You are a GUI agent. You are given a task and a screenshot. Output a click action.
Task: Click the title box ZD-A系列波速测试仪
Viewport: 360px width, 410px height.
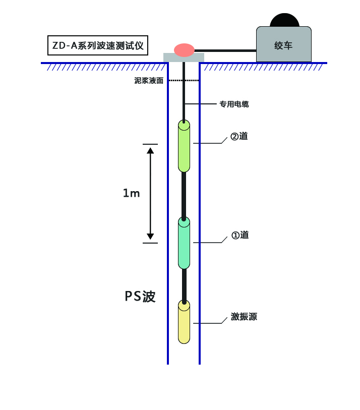(98, 45)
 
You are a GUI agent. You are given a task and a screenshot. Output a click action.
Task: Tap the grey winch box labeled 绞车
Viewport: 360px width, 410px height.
(283, 45)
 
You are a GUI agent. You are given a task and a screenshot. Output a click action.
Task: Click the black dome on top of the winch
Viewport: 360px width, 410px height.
(284, 20)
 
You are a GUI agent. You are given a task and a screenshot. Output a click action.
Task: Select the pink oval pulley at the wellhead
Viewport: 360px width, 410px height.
(184, 49)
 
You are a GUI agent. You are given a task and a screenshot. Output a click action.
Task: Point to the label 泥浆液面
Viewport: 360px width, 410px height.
(149, 80)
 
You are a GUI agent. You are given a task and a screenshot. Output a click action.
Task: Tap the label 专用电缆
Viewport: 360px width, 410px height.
(233, 104)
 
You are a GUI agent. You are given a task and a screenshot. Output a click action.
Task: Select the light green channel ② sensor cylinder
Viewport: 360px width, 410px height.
(184, 147)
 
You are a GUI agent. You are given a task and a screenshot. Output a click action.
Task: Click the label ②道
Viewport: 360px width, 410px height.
(239, 136)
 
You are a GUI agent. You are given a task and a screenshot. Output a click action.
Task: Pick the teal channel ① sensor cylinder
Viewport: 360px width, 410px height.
(184, 244)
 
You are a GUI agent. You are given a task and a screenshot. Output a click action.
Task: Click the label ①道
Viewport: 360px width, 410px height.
(240, 235)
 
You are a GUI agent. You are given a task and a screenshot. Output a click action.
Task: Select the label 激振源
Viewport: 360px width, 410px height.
(244, 317)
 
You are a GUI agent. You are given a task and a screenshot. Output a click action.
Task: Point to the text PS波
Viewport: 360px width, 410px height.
(140, 297)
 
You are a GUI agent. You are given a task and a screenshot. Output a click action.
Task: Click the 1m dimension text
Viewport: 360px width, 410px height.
(131, 193)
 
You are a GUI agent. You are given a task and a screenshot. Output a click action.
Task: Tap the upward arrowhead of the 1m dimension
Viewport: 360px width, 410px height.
(150, 150)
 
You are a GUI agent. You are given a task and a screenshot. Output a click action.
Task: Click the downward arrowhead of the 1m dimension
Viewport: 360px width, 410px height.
(150, 236)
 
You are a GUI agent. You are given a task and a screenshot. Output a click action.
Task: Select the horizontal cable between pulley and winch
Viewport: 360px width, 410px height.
(225, 50)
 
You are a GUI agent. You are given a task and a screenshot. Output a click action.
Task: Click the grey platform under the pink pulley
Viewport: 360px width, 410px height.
(171, 57)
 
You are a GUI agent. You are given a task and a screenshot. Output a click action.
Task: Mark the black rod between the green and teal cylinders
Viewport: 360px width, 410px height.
(184, 195)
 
